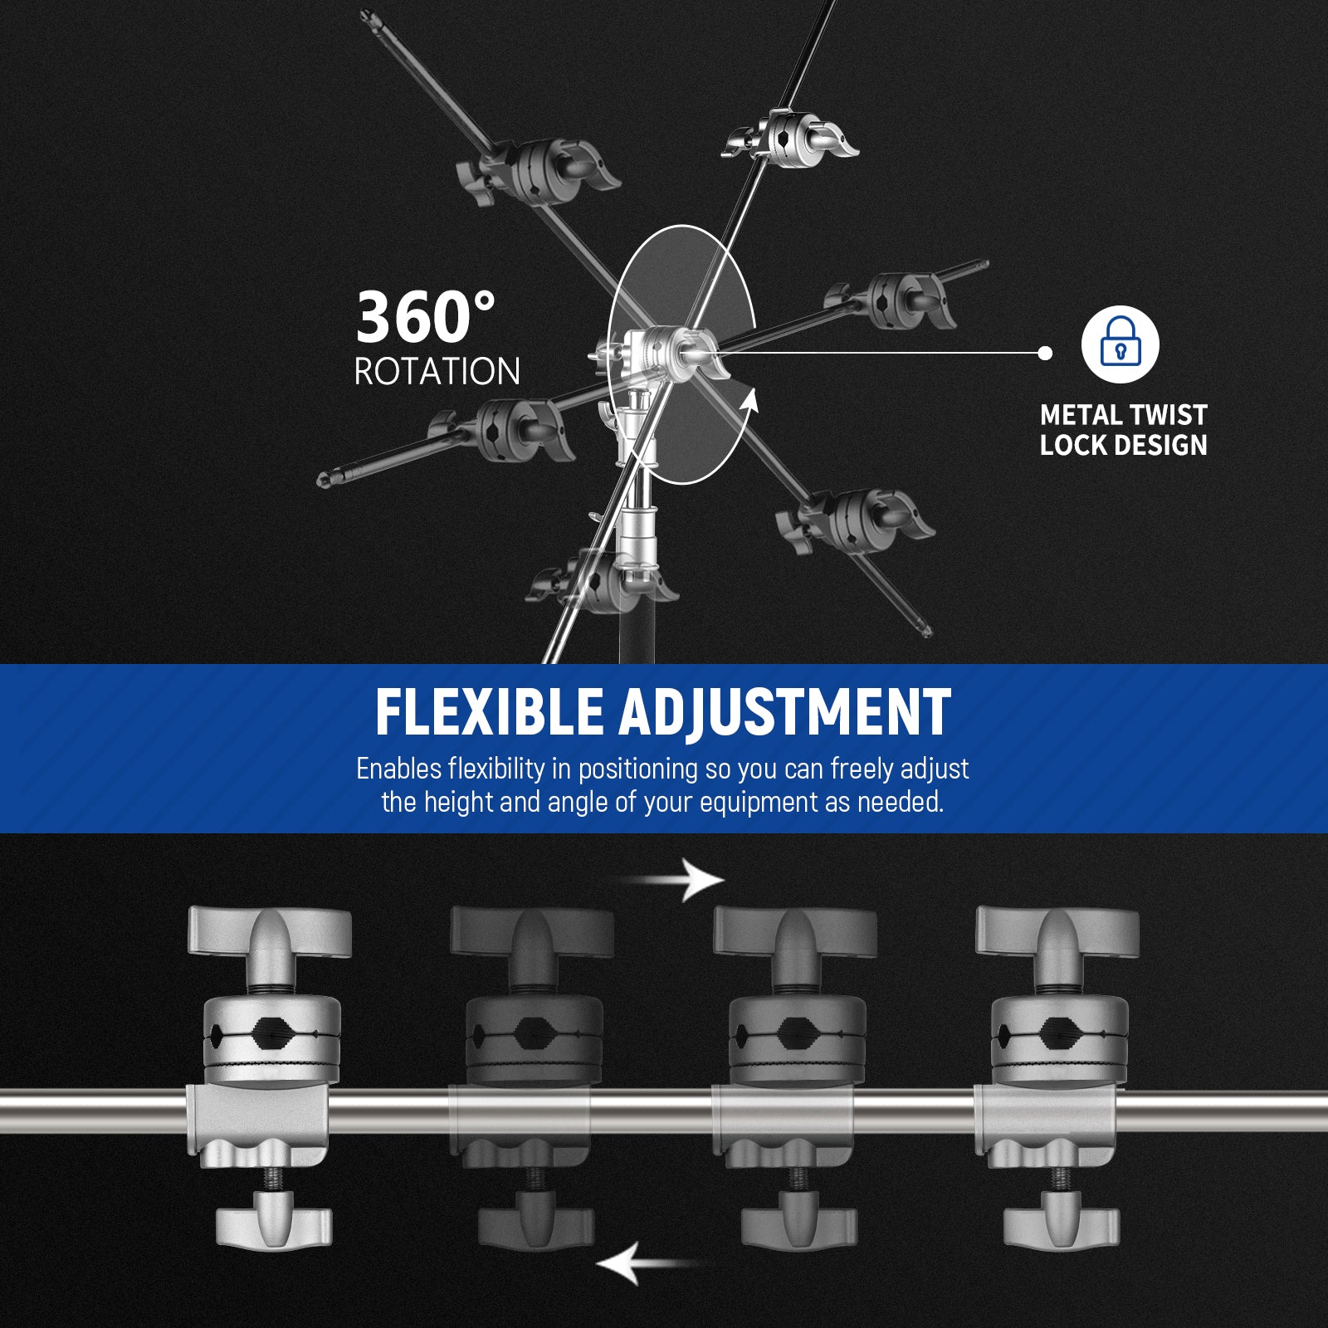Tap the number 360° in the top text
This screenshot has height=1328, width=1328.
coord(426,317)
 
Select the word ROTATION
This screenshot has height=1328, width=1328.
coord(437,372)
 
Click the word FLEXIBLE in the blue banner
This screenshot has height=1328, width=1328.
coord(489,712)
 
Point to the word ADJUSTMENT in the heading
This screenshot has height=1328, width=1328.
coord(784,712)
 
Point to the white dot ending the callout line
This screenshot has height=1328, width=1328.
coord(1046,353)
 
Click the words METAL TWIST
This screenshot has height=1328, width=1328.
coord(1123,415)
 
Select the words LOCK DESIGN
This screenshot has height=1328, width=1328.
coord(1123,446)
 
